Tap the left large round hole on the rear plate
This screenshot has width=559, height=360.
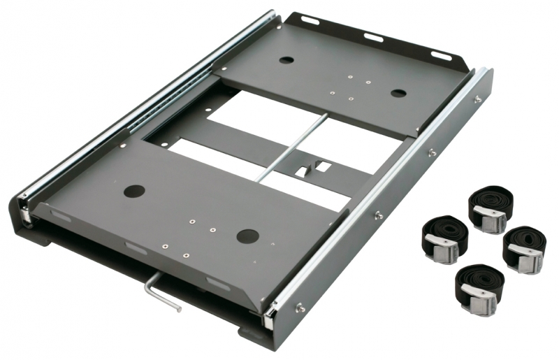(x=286, y=60)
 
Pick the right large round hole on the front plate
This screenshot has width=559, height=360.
(x=248, y=236)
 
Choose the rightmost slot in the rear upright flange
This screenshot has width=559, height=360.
(x=441, y=55)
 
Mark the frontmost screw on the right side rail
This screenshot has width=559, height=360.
(x=300, y=307)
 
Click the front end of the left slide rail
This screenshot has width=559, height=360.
(x=24, y=207)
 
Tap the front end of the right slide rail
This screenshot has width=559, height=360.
(x=269, y=318)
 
